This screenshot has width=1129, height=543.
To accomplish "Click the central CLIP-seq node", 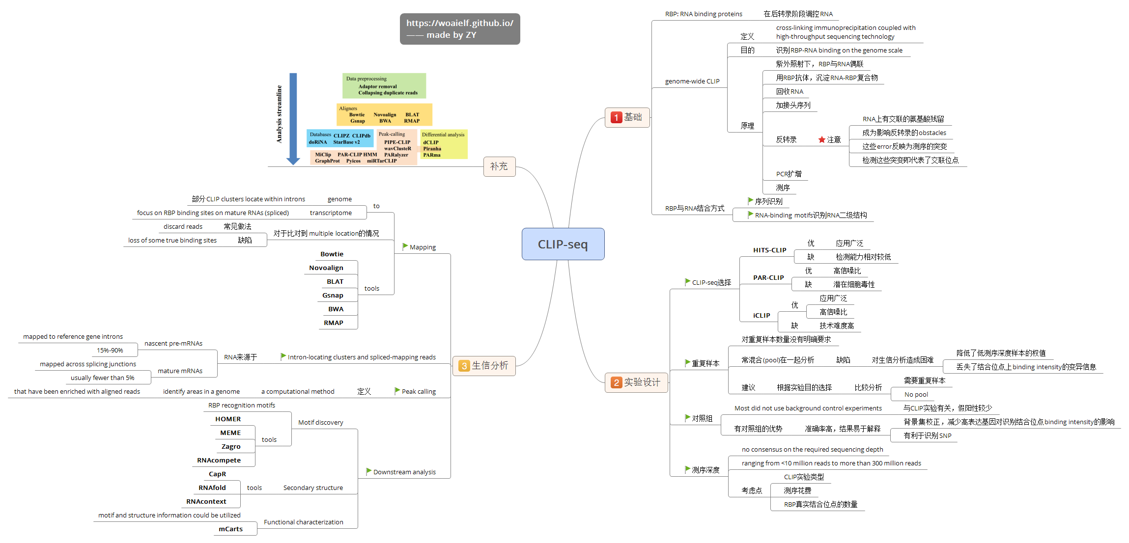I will pyautogui.click(x=563, y=244).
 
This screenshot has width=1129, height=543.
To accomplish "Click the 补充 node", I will pyautogui.click(x=499, y=166).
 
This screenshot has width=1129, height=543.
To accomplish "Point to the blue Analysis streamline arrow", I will pyautogui.click(x=293, y=118).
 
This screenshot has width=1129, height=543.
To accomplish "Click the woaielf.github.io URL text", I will pyautogui.click(x=459, y=23).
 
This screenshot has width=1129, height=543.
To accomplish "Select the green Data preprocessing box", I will pyautogui.click(x=384, y=85).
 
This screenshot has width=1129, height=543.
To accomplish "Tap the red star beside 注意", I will pyautogui.click(x=821, y=140).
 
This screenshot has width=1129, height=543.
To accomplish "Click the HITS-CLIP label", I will pyautogui.click(x=769, y=250).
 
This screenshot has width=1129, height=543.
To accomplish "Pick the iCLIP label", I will pyautogui.click(x=762, y=316).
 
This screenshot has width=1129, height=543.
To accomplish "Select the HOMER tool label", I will pyautogui.click(x=228, y=419).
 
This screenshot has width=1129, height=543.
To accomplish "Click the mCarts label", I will pyautogui.click(x=230, y=529).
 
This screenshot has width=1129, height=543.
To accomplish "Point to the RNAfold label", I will pyautogui.click(x=212, y=488).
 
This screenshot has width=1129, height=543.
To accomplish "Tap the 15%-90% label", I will pyautogui.click(x=110, y=351).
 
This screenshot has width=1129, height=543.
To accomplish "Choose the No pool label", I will pyautogui.click(x=916, y=395).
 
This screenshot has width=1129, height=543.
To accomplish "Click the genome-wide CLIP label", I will pyautogui.click(x=692, y=81).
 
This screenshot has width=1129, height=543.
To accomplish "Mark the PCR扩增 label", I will pyautogui.click(x=789, y=174).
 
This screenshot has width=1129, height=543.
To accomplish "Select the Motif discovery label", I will pyautogui.click(x=320, y=423).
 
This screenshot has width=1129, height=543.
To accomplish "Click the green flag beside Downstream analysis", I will pyautogui.click(x=368, y=471).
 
